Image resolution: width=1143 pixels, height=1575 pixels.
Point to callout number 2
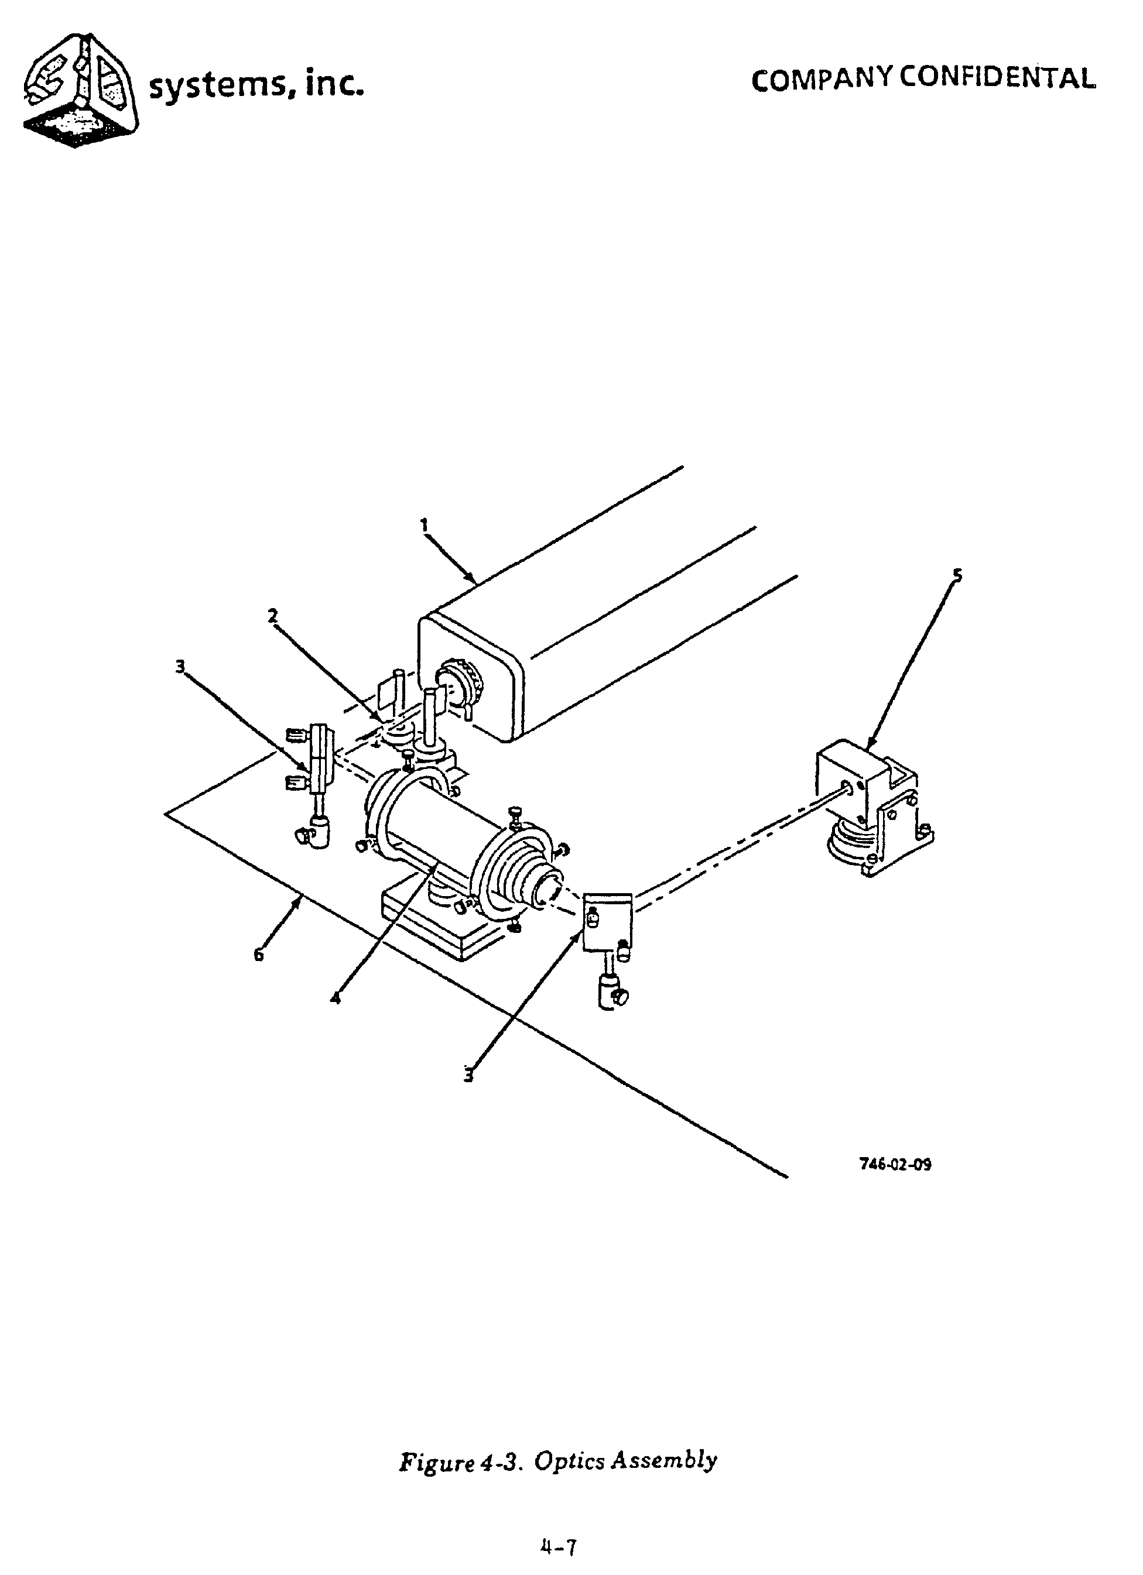(273, 615)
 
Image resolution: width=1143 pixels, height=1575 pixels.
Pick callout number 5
(957, 575)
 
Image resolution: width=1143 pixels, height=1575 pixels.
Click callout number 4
(336, 998)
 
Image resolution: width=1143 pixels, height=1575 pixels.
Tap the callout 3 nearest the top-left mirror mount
(180, 667)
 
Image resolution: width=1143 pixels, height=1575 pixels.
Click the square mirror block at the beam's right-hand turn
(607, 921)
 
